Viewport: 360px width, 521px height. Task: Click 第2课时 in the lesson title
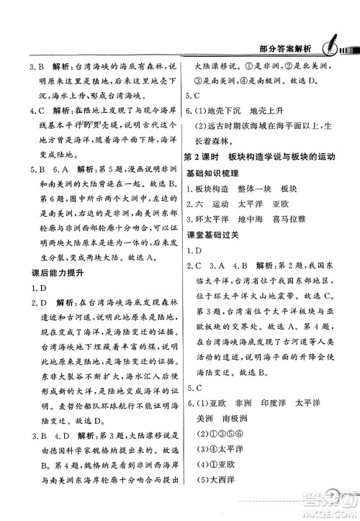click(203, 176)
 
